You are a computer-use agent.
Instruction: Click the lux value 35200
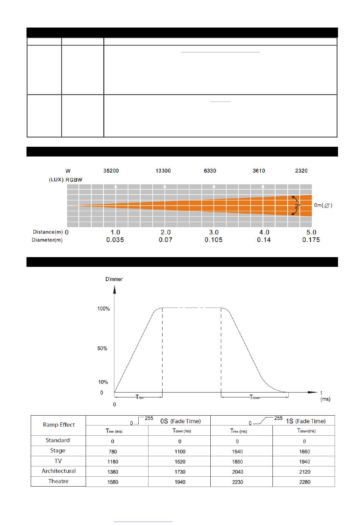[x=111, y=171]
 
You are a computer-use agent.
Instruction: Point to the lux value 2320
[x=301, y=171]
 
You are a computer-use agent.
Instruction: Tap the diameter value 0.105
[x=213, y=240]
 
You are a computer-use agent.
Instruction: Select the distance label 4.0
[x=264, y=232]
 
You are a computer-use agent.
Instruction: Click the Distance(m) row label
[x=48, y=232]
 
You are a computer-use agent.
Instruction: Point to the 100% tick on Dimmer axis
[x=103, y=309]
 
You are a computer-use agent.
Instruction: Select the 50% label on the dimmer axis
[x=102, y=349]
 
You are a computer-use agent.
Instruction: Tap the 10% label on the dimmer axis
[x=103, y=382]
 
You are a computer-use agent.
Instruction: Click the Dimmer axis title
[x=114, y=279]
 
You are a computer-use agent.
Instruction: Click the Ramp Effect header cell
[x=59, y=425]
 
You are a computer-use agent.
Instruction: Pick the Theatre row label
[x=58, y=481]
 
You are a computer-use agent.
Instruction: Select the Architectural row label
[x=59, y=471]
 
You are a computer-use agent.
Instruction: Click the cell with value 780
[x=113, y=452]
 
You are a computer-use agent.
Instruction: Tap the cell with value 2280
[x=304, y=482]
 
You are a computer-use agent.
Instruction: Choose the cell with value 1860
[x=237, y=462]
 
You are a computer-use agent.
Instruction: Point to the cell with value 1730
[x=180, y=472]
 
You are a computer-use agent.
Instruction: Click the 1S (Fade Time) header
[x=305, y=421]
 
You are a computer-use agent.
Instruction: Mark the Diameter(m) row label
[x=47, y=240]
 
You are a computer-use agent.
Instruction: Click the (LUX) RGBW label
[x=66, y=180]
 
